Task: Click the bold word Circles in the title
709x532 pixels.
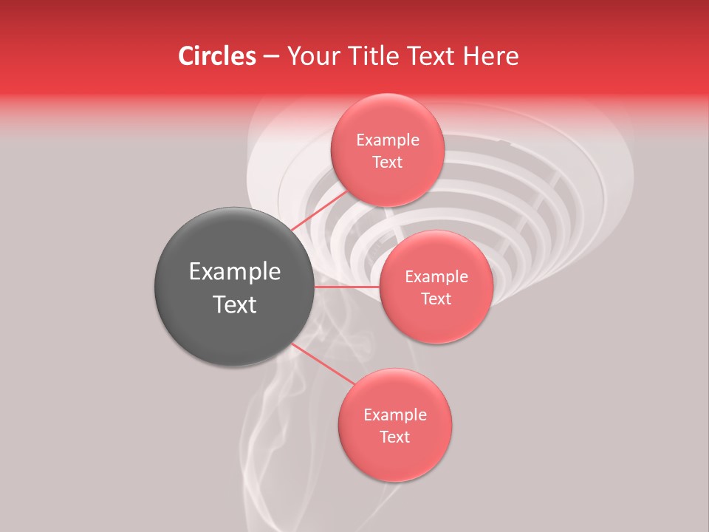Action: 217,56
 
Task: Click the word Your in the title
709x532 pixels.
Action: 312,56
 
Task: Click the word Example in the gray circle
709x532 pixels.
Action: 235,272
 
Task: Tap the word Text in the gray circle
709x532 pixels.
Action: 235,304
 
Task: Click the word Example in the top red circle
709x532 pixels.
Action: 388,140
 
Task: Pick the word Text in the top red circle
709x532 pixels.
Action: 388,163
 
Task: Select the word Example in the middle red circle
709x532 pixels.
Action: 436,277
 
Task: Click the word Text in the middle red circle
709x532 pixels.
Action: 436,299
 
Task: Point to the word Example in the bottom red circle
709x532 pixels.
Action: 395,415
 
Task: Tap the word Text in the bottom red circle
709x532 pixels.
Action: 395,437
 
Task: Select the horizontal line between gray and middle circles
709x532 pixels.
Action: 347,287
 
